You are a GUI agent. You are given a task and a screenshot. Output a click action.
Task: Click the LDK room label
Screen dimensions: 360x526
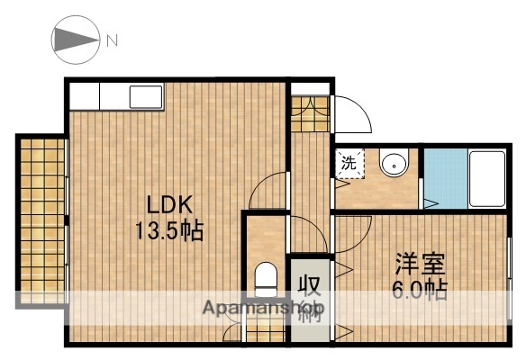[166, 203]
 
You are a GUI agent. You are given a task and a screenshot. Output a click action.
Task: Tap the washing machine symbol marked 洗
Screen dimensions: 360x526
[349, 165]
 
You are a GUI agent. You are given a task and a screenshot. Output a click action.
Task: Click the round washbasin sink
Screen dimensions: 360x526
[393, 165]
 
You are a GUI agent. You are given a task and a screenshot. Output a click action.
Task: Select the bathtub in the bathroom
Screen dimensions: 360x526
[486, 177]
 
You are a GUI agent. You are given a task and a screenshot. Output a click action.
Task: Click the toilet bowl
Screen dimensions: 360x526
[267, 278]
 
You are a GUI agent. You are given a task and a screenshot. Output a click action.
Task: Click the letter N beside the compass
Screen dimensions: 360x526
[113, 40]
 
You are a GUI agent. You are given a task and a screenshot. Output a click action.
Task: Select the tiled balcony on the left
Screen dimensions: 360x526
[41, 220]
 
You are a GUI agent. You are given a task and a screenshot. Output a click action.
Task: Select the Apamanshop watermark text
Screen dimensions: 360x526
[257, 309]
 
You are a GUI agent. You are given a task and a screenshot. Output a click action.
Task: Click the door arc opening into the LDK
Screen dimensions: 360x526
[268, 192]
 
